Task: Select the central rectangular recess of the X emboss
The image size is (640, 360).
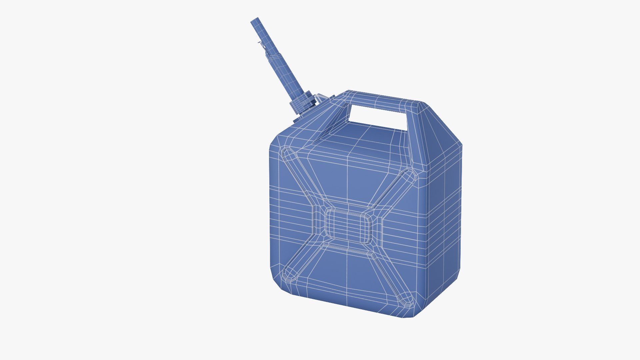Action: [348, 227]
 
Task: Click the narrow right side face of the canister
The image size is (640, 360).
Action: [443, 217]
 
